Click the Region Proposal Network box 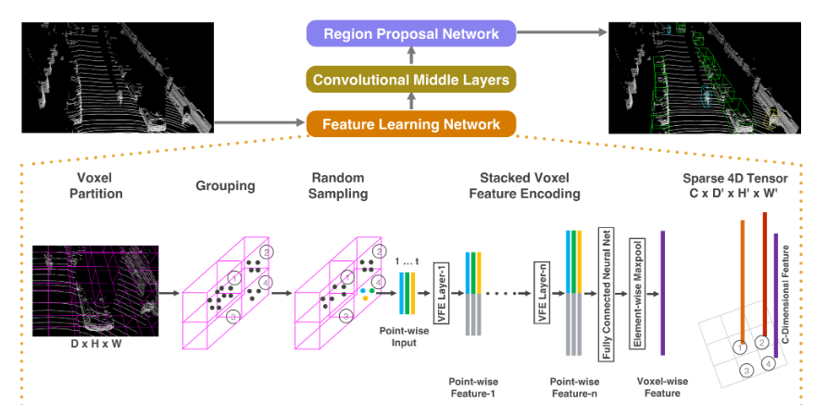(x=411, y=35)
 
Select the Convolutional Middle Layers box (x=411, y=80)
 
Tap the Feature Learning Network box (x=411, y=124)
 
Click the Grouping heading (x=225, y=185)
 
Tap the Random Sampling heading (x=338, y=185)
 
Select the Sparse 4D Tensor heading (x=743, y=185)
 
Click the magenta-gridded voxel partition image (x=94, y=288)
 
